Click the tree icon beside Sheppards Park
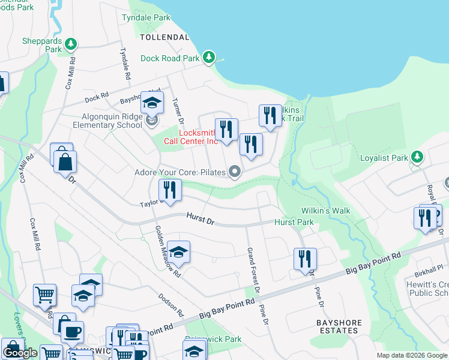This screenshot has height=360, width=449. [x=71, y=44]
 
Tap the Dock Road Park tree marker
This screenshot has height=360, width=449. [x=209, y=58]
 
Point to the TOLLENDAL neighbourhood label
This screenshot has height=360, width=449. [x=164, y=37]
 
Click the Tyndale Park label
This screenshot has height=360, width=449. [x=146, y=18]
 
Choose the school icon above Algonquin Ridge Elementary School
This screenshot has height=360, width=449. [x=152, y=102]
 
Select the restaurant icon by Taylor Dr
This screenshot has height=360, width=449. [x=170, y=190]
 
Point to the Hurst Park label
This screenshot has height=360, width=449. [x=294, y=223]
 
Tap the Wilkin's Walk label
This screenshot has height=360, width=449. [x=325, y=211]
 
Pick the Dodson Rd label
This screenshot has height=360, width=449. [x=170, y=305]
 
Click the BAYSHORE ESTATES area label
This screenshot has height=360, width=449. [x=339, y=327]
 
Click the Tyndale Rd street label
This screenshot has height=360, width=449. [x=125, y=64]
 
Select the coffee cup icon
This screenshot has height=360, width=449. [x=72, y=331]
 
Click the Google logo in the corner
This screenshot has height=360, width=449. [x=20, y=353]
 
